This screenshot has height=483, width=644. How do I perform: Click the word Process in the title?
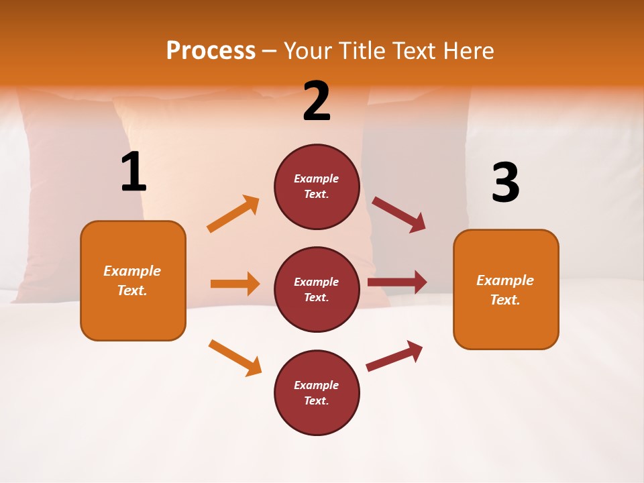[211, 51]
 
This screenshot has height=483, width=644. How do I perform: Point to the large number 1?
[133, 172]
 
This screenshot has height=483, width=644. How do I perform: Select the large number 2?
[317, 102]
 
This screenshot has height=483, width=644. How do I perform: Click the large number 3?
[505, 183]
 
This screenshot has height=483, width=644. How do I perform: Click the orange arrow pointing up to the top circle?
[233, 214]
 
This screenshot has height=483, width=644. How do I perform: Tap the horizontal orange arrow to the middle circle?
[235, 284]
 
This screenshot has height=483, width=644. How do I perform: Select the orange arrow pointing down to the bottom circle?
[235, 358]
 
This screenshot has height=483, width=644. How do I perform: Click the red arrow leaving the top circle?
[399, 215]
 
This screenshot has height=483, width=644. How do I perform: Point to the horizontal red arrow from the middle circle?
[397, 282]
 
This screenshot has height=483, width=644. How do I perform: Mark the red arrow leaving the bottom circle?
[394, 356]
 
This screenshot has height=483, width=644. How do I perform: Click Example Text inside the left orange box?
[132, 280]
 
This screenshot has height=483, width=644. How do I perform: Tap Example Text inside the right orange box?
[505, 290]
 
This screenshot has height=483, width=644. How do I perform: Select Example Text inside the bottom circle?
[317, 393]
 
